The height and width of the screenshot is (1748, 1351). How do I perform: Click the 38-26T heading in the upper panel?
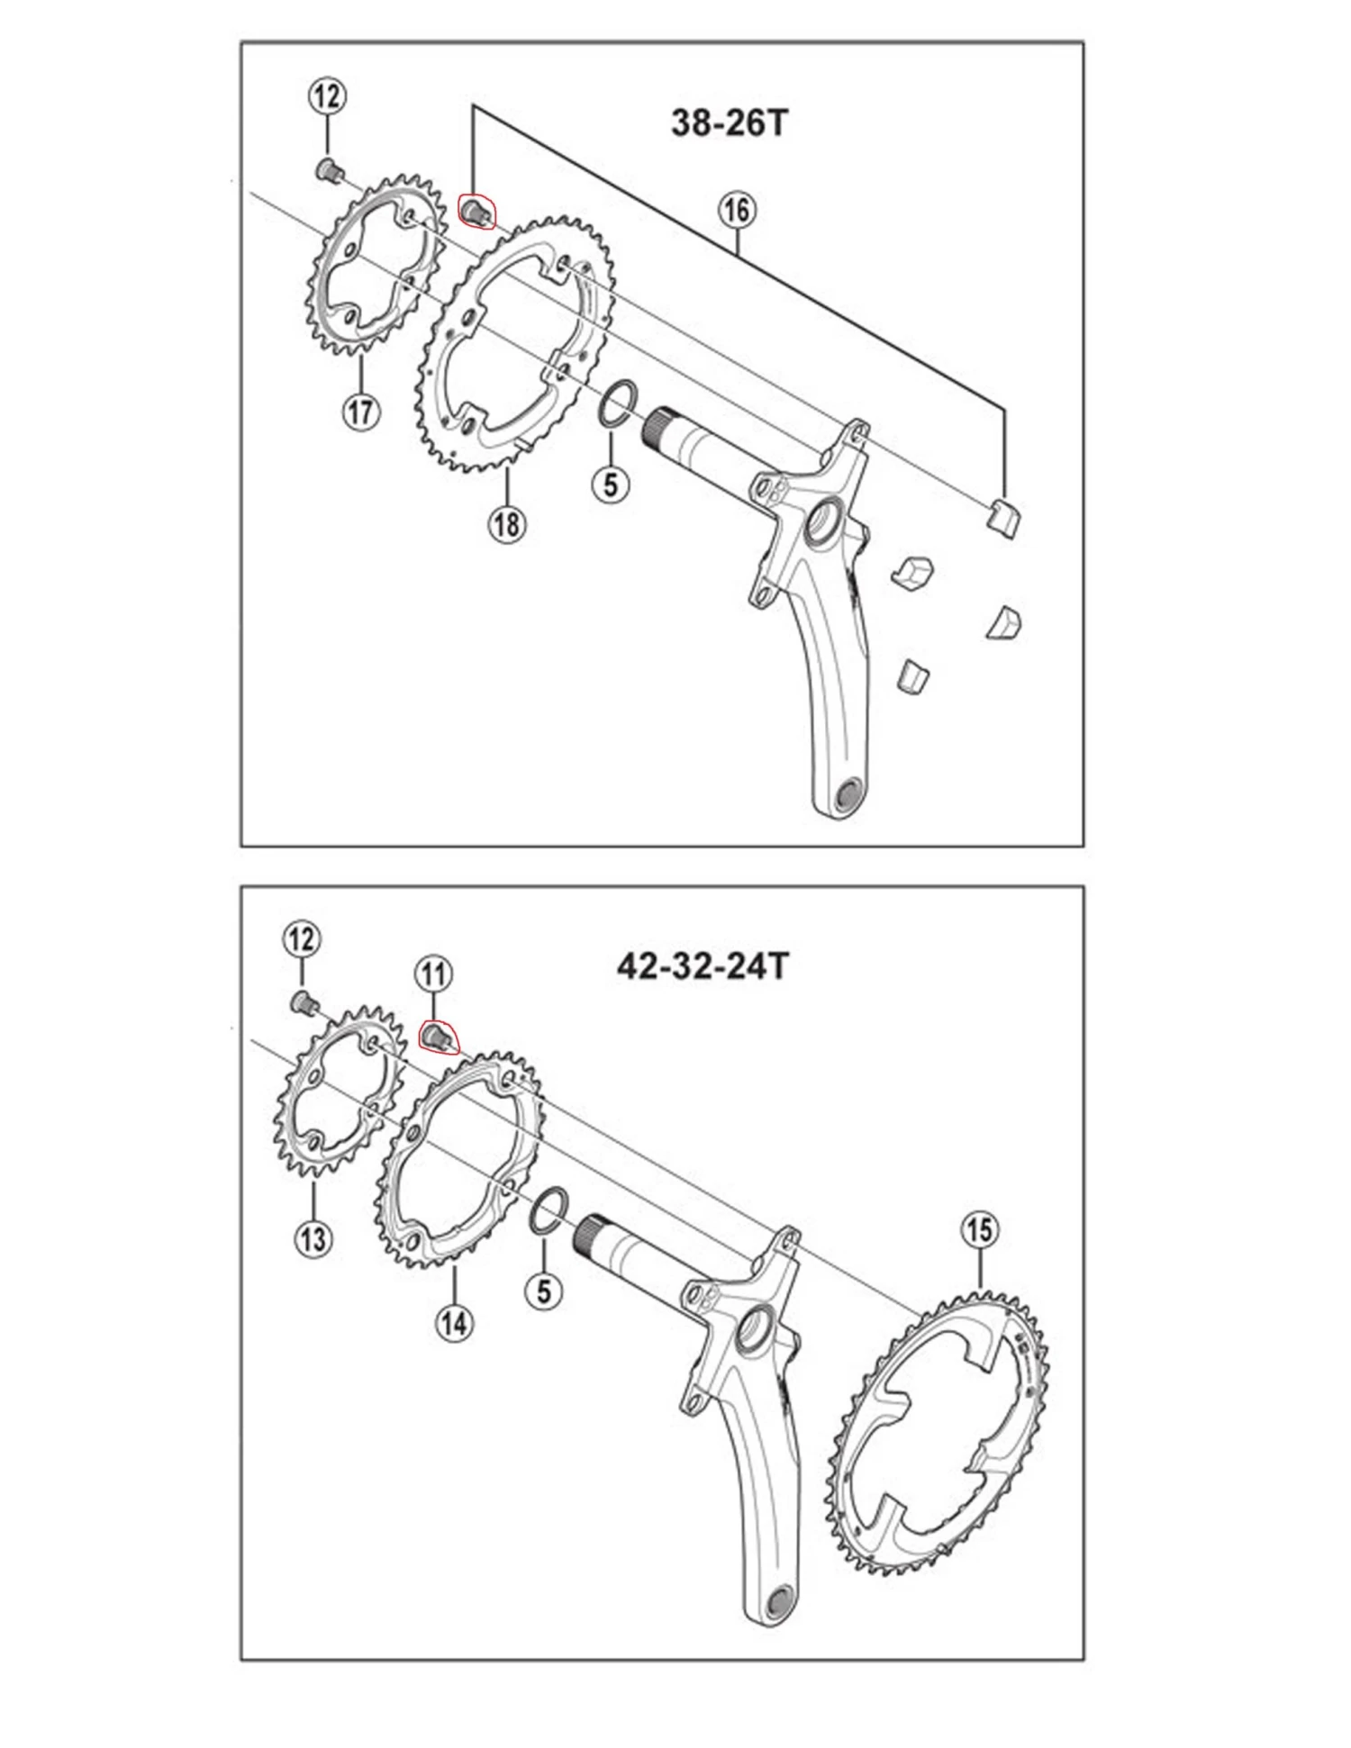pos(729,122)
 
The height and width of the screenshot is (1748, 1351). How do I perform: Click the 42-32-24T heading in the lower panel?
pos(703,966)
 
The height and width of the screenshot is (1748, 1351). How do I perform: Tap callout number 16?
pos(736,211)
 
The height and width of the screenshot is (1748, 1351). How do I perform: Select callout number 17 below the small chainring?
pos(360,412)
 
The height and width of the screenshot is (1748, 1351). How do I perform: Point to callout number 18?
pos(507,523)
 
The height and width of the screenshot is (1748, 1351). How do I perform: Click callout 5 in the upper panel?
pos(611,485)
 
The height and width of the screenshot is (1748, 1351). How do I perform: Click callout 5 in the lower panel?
pos(543,1291)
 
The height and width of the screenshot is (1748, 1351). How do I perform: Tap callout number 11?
pos(433,974)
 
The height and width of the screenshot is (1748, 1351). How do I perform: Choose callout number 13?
pos(313,1238)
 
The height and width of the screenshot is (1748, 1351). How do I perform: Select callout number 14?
pos(454,1323)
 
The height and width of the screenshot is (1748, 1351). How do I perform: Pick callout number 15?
pos(980,1229)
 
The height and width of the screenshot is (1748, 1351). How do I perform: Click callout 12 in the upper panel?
pos(327,95)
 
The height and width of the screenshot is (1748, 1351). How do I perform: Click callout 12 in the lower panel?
pos(301,939)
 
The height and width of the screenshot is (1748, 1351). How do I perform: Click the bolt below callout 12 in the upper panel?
pos(329,169)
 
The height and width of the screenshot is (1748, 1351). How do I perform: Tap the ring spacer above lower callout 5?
pos(549,1206)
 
